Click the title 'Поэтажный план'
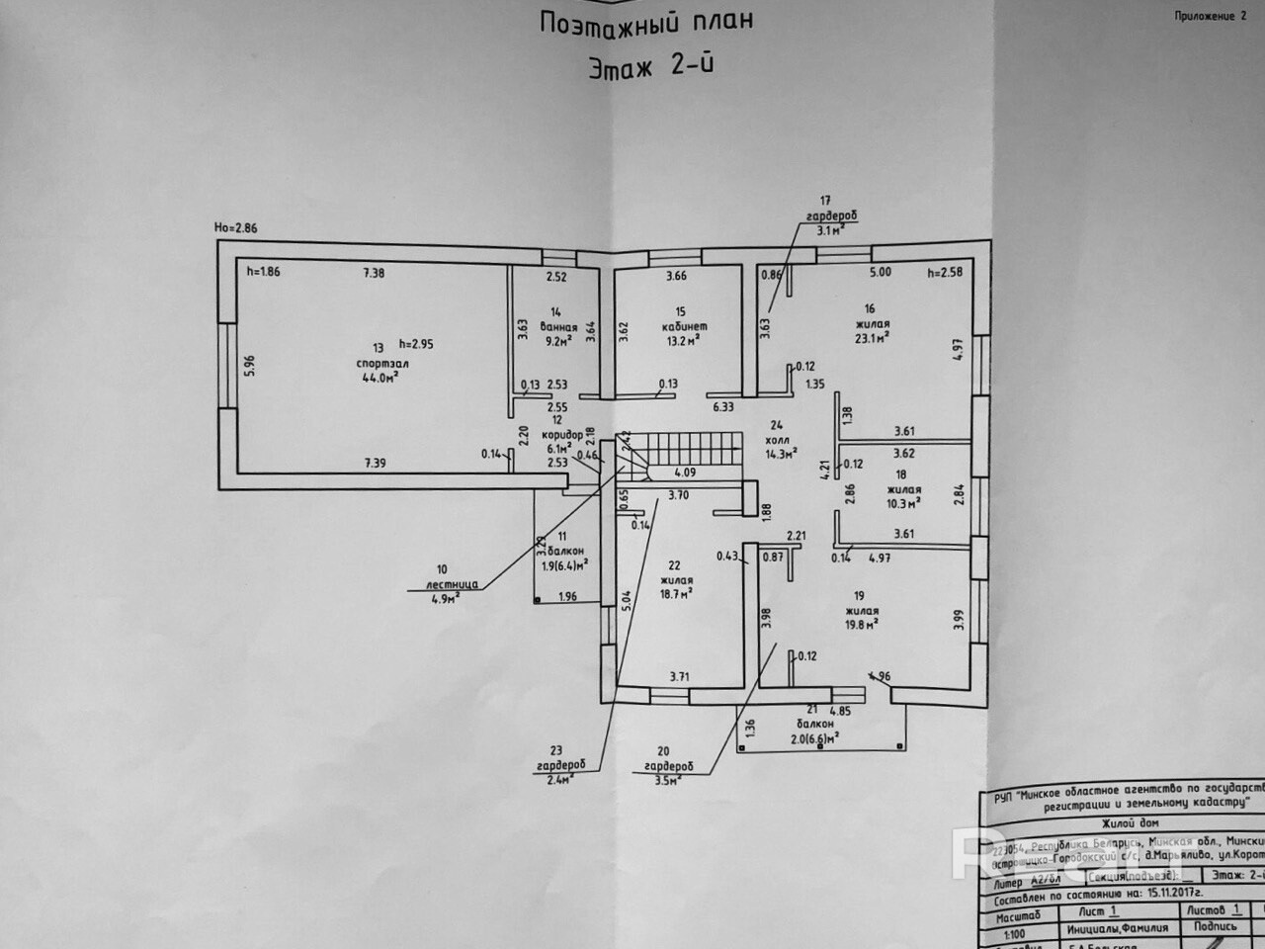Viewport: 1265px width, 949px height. point(645,22)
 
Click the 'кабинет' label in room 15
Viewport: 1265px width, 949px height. point(685,326)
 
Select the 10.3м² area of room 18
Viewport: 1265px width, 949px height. point(902,502)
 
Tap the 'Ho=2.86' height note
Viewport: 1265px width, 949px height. point(235,227)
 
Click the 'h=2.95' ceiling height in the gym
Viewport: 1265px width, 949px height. point(416,344)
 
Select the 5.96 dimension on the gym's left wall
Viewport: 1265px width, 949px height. point(250,365)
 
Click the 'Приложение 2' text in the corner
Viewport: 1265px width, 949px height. point(1211,16)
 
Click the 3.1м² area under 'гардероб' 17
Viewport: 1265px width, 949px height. point(829,231)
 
